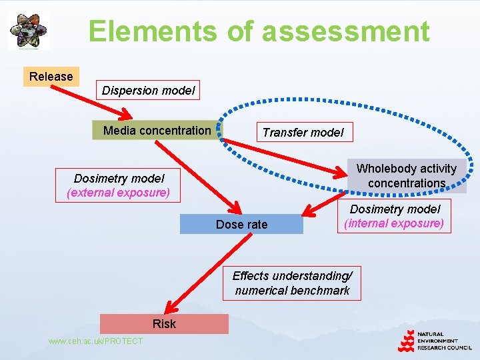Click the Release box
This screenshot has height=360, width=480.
coord(51,77)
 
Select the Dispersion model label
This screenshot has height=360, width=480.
coord(149,91)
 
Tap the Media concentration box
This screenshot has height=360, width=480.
coord(157,130)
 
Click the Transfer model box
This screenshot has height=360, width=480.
coord(303,132)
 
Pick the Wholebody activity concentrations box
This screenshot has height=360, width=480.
coord(407,176)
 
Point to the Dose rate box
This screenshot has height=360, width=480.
coord(241,225)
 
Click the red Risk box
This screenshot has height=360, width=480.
coord(164,324)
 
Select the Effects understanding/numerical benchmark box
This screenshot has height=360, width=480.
coord(292,283)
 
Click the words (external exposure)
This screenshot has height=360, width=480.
coord(119,193)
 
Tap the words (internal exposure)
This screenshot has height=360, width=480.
coord(394,223)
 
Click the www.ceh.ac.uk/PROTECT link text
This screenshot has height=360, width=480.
coord(95,341)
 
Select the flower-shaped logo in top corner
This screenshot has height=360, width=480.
coord(28,31)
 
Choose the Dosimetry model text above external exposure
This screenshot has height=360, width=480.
coord(119,179)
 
